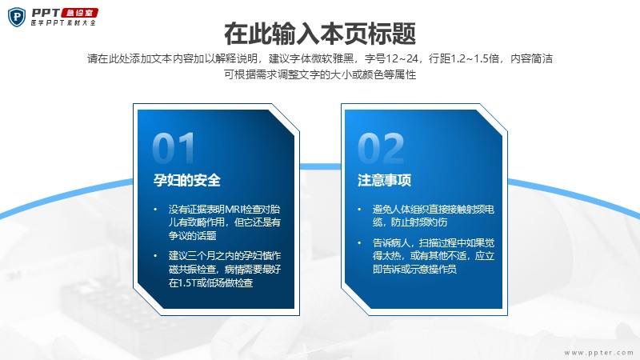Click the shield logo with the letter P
click(17, 17)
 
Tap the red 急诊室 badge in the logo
click(79, 13)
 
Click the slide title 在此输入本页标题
click(320, 34)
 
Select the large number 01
click(174, 148)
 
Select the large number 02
click(381, 148)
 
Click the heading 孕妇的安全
click(187, 180)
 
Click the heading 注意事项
click(384, 180)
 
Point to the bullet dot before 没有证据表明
click(155, 210)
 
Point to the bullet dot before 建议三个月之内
click(155, 256)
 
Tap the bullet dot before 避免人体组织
click(359, 210)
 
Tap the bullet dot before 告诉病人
click(359, 243)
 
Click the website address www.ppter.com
click(598, 352)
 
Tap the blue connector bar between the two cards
click(321, 166)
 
